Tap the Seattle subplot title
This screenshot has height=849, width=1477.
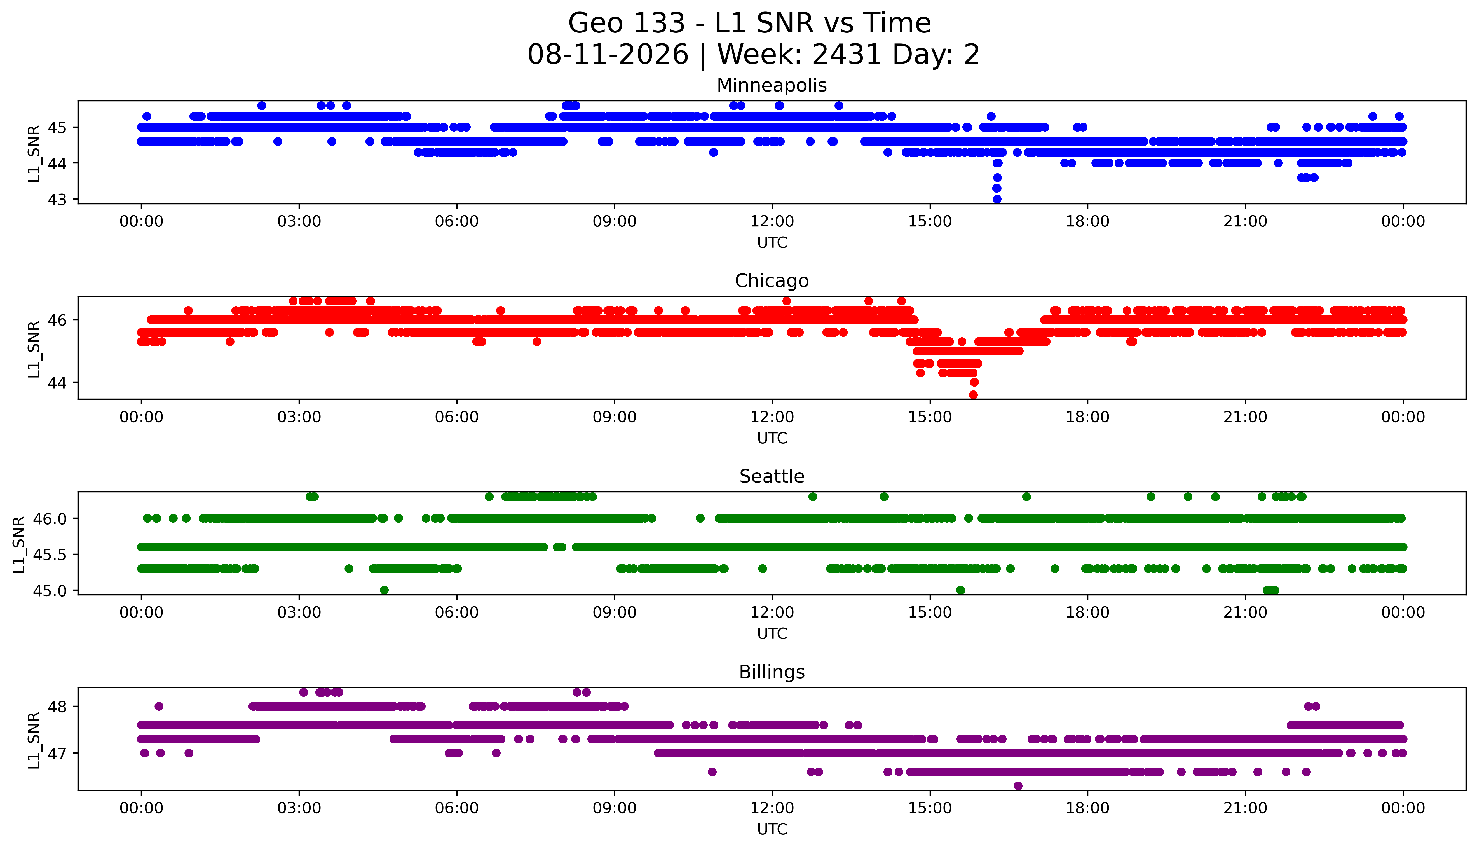click(772, 476)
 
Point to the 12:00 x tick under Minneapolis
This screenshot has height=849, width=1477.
click(772, 222)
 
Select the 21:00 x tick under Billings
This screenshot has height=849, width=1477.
click(1245, 808)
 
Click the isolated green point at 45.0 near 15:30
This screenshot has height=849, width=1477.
click(961, 590)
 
